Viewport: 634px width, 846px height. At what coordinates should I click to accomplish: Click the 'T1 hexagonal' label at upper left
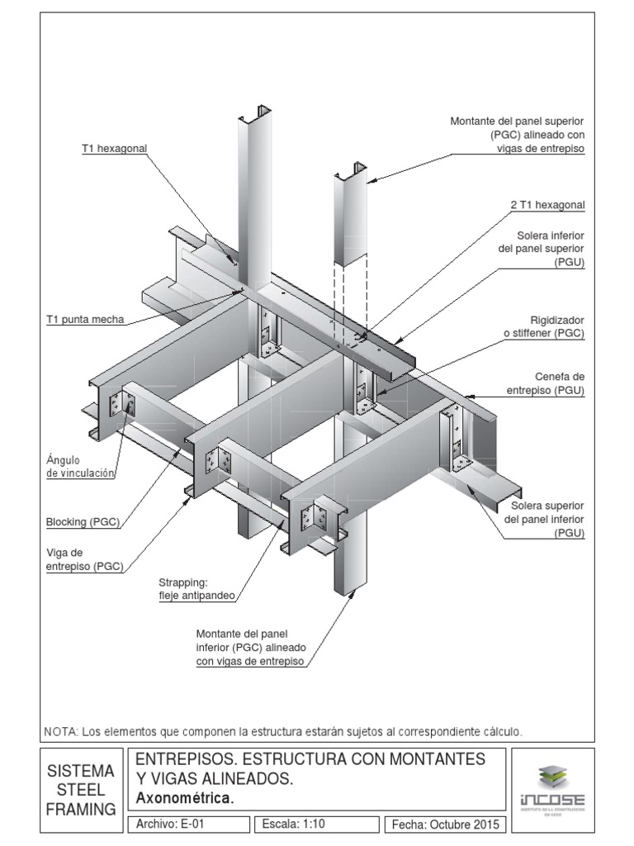click(x=114, y=149)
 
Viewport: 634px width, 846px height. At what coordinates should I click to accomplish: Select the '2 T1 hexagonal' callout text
click(x=547, y=204)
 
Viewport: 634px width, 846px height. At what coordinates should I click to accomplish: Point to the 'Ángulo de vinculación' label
click(x=80, y=467)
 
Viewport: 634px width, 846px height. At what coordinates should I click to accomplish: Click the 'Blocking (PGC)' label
click(x=83, y=521)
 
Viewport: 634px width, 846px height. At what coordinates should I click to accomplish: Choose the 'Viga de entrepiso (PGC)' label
click(x=85, y=558)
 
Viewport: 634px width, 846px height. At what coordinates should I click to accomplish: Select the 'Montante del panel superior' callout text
click(x=517, y=135)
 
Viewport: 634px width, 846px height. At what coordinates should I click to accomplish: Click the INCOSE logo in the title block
click(x=551, y=789)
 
